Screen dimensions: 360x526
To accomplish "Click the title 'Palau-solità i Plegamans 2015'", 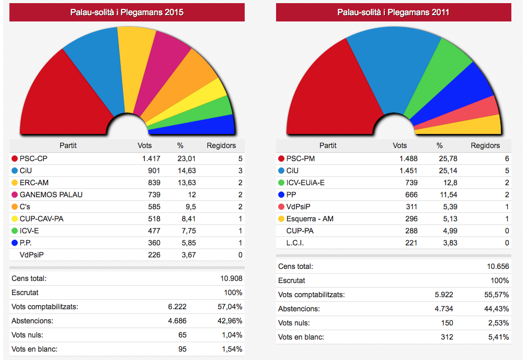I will tap(127, 12).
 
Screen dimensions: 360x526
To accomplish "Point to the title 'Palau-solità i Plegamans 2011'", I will tap(393, 12).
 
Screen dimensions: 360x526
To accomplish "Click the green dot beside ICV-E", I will tap(14, 231).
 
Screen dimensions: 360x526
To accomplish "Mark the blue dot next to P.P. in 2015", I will tap(14, 243).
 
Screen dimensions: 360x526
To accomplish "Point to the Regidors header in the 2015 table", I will tap(221, 145).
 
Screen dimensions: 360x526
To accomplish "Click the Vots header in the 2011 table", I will tap(399, 145).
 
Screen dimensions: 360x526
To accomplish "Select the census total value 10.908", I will tap(231, 278).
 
